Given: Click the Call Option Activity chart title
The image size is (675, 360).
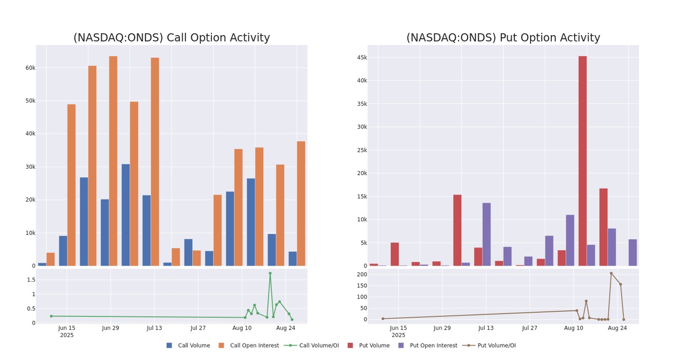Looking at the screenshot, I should pos(172,38).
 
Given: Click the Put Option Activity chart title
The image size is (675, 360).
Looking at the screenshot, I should pos(503,38).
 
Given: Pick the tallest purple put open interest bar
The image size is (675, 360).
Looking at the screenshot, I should pos(487,234).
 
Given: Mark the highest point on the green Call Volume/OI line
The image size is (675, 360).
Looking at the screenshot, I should pos(270,273).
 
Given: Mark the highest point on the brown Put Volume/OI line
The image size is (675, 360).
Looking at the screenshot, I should pos(611,273).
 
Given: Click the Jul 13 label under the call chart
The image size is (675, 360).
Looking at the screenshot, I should pos(154,328).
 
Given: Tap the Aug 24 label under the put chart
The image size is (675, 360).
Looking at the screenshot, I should pos(617,328).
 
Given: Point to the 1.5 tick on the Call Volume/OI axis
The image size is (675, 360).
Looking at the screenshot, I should pos(31,280).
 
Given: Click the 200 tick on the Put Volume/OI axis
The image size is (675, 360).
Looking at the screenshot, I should pos(361,274).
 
